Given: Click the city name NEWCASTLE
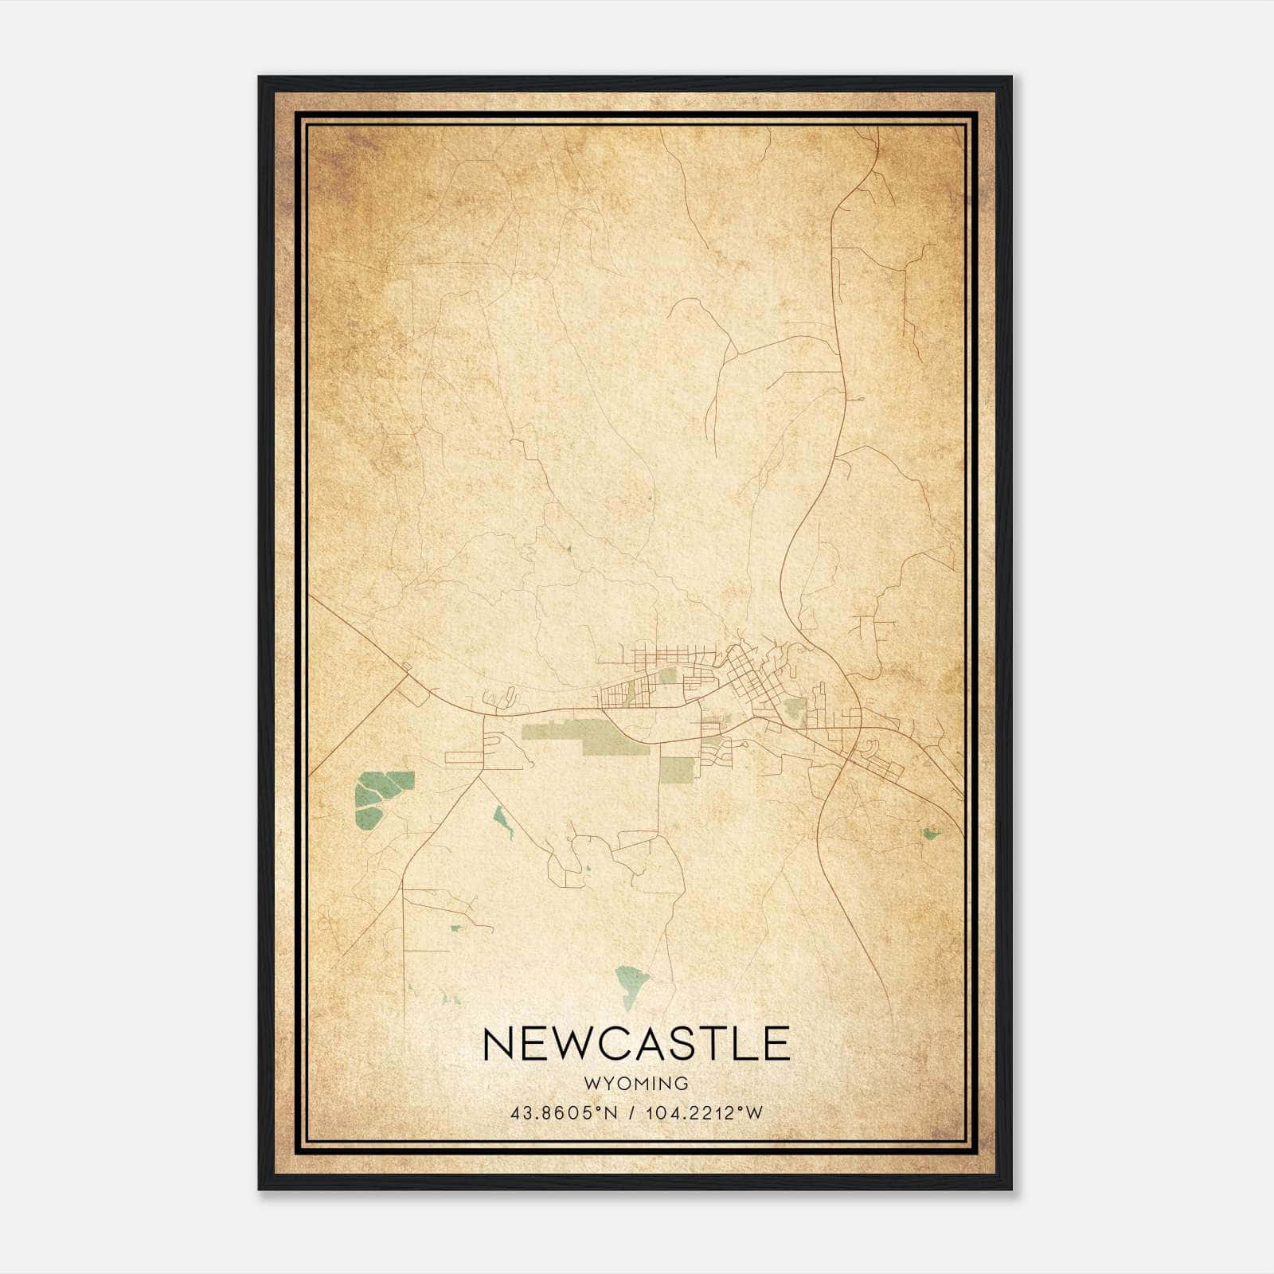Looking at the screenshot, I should (636, 1043).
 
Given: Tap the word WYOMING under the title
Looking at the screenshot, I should (636, 1084).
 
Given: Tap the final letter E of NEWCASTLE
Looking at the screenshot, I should (774, 1043).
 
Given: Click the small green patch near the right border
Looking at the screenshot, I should (928, 834).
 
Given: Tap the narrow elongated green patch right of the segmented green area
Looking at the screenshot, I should (502, 819).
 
